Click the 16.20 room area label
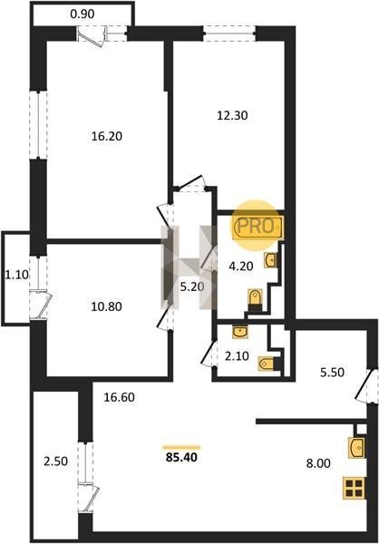[107, 136]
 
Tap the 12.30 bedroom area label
[232, 115]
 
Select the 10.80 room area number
[106, 306]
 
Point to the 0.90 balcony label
[83, 15]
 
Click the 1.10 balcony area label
[16, 275]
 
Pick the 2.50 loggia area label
[55, 461]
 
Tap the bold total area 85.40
[181, 457]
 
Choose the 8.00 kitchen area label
[318, 463]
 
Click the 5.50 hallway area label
[332, 373]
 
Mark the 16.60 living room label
[119, 397]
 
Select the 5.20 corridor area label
[191, 287]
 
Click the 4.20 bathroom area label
[241, 266]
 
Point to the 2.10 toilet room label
[237, 356]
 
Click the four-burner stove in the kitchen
[354, 488]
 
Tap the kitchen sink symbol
[357, 447]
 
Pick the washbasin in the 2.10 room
[240, 332]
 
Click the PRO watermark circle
[256, 226]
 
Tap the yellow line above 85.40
[181, 447]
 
